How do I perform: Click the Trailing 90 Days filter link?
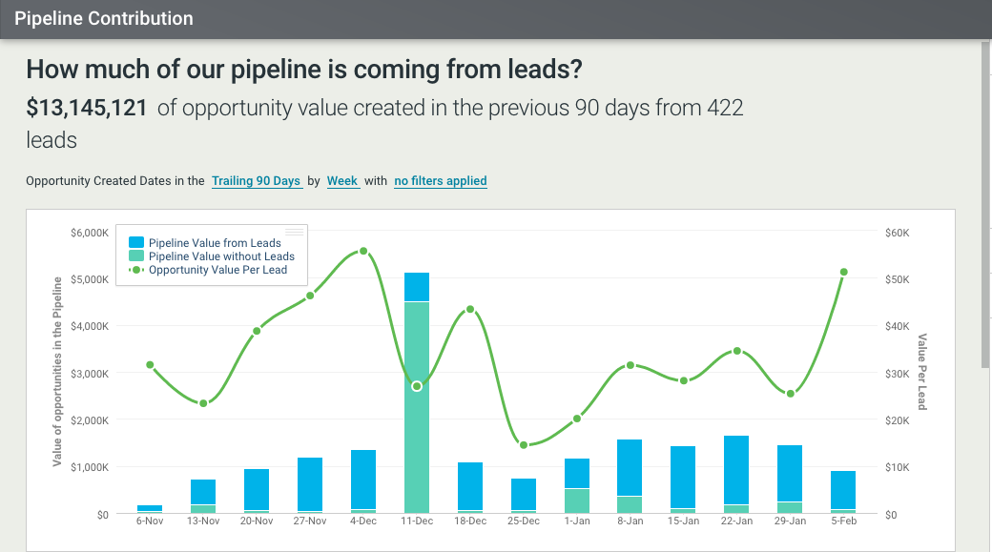point(256,181)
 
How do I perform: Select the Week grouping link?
point(342,181)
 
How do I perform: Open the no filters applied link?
point(441,181)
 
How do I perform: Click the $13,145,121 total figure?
point(87,108)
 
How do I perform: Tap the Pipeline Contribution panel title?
point(104,18)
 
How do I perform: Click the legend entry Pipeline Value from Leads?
point(215,243)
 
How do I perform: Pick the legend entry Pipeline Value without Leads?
point(221,256)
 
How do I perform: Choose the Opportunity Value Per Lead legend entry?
point(217,270)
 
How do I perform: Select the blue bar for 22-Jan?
point(736,469)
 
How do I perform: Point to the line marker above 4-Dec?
point(363,252)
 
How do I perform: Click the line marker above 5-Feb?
point(844,272)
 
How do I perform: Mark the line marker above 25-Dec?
point(524,444)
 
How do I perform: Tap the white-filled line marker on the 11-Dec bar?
point(417,386)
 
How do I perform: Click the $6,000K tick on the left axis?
point(91,233)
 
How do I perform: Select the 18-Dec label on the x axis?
point(470,522)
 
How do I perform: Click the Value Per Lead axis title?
point(922,372)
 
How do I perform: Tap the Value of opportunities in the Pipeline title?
point(57,372)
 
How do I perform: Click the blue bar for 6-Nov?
point(150,508)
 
